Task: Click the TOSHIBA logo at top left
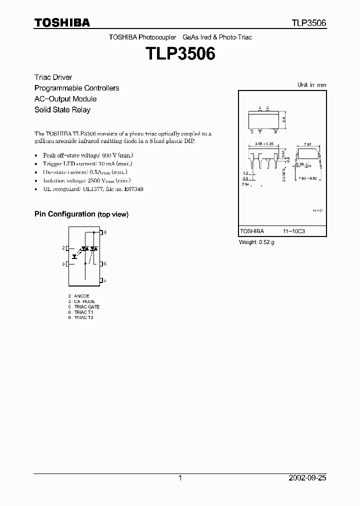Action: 62,23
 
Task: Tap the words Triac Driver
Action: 53,77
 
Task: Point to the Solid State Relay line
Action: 62,109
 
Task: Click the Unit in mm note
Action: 311,85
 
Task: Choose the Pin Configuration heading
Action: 81,214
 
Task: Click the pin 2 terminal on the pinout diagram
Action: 67,248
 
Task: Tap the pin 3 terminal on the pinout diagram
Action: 67,263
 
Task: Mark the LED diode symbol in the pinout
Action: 75,256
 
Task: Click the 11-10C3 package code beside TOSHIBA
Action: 293,231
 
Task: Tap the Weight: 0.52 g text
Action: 257,242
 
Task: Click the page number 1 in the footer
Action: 180,478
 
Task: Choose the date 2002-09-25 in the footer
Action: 307,478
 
